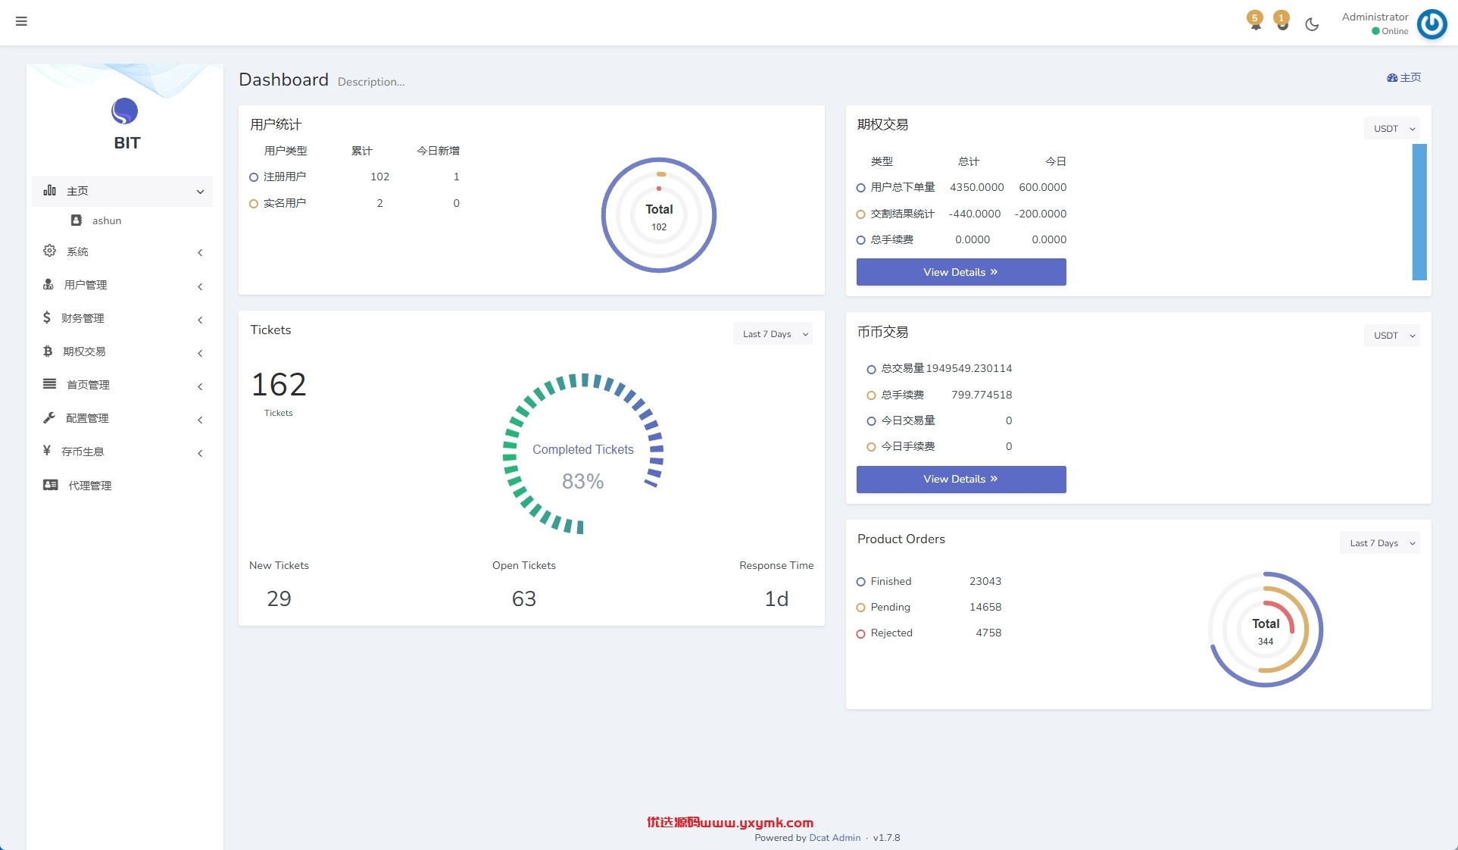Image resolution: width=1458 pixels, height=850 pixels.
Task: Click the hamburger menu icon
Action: point(21,21)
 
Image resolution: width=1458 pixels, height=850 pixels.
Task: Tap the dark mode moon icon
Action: point(1312,24)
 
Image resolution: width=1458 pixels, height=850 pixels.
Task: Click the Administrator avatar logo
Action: point(1431,23)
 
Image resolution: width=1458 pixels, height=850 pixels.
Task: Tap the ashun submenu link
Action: point(106,220)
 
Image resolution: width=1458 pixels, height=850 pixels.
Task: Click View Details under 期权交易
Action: point(961,272)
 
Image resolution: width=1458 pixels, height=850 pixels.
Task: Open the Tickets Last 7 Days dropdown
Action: point(773,334)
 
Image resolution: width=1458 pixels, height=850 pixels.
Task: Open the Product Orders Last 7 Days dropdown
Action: point(1380,543)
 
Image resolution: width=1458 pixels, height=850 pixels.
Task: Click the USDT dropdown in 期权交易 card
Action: point(1392,129)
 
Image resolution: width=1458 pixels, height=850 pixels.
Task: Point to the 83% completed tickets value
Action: point(582,481)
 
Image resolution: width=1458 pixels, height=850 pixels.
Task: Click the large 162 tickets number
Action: point(279,385)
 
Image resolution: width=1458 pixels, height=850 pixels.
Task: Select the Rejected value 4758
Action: point(988,633)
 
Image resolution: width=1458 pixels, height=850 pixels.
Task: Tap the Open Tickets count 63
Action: point(524,599)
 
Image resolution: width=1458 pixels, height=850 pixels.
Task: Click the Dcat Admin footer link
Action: point(835,838)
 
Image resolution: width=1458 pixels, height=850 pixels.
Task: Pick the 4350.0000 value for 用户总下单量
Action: point(977,187)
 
